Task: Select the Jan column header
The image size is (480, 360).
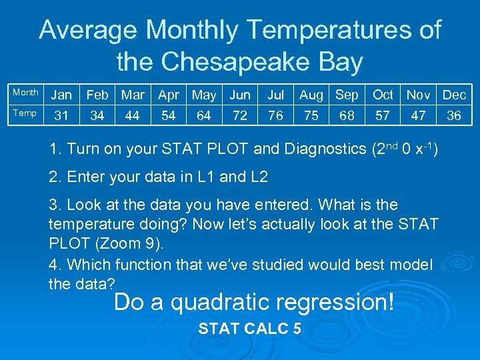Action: [x=61, y=95]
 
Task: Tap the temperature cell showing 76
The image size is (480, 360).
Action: [x=275, y=115]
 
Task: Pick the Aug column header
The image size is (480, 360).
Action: [x=311, y=95]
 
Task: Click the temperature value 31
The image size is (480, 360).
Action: [x=61, y=115]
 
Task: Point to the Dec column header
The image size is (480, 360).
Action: [x=454, y=95]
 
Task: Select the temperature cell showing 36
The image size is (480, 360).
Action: [x=454, y=115]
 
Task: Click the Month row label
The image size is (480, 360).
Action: [x=25, y=93]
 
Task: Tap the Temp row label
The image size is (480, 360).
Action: [x=25, y=113]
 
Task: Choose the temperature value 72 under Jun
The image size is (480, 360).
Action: [x=240, y=115]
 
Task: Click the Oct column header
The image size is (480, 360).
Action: [x=383, y=95]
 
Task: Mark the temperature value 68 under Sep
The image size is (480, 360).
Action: [x=347, y=115]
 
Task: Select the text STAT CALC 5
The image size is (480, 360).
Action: [x=250, y=329]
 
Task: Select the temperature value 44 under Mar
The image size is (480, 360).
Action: [x=133, y=115]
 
